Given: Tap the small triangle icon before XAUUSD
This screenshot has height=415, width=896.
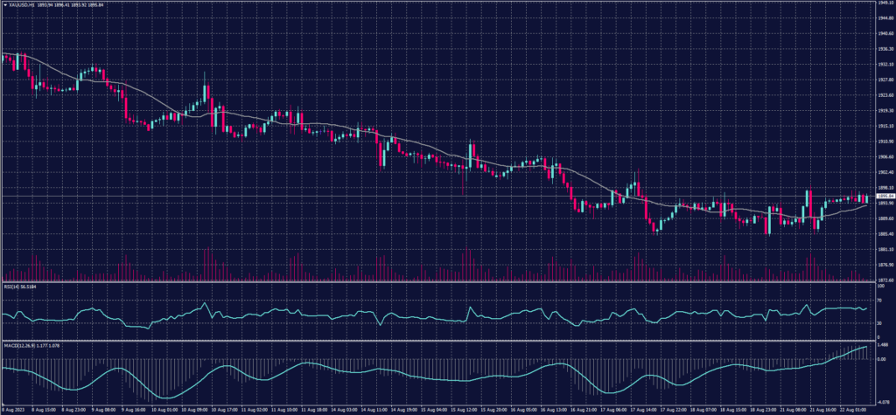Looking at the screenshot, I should click(4, 3).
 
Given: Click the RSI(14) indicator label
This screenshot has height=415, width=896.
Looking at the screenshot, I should click(10, 286).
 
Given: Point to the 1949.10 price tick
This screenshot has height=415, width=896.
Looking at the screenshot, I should click(885, 3).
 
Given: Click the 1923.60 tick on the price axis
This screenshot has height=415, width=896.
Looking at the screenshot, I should click(885, 95).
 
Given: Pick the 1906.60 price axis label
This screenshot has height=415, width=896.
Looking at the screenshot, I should click(885, 156).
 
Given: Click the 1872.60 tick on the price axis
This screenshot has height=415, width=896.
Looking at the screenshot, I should click(885, 280).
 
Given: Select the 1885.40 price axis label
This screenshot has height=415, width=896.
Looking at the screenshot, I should click(885, 233).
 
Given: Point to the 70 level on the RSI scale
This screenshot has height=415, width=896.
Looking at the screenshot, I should click(879, 300).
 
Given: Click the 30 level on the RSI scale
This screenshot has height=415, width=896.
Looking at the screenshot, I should click(879, 323).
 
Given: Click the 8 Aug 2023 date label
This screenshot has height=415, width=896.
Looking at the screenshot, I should click(14, 409).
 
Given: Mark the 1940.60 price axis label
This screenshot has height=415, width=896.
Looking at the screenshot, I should click(885, 33).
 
